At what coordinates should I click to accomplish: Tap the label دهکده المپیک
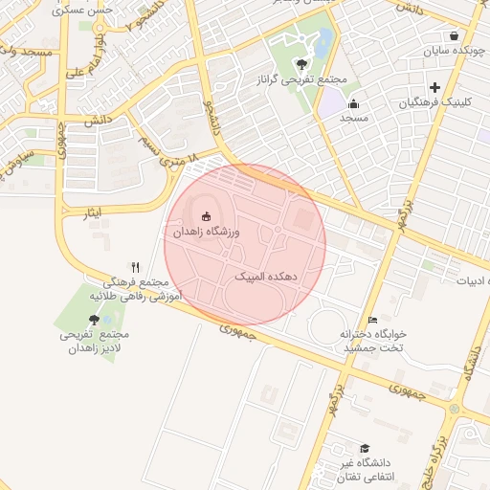coord(266,276)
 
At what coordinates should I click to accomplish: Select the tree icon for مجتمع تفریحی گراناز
coord(302,65)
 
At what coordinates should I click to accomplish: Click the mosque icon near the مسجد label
coord(354,103)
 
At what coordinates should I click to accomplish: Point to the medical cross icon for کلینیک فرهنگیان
coord(434,88)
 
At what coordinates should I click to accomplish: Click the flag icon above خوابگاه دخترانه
coord(373,320)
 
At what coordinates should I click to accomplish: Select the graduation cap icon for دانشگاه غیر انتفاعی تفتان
coord(364,449)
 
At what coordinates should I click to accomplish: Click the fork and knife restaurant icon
coord(136,268)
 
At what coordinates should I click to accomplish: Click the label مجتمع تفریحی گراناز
coord(302,80)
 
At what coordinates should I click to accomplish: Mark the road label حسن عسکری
coord(88,10)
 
